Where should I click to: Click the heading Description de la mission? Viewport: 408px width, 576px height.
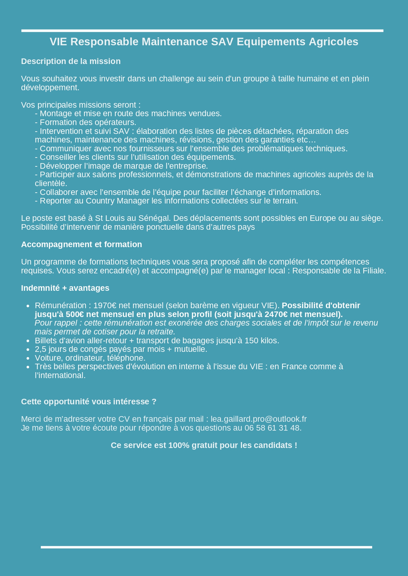pyautogui.click(x=71, y=61)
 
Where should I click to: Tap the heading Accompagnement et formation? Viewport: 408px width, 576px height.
pyautogui.click(x=82, y=245)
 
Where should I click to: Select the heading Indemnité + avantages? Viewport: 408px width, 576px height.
pyautogui.click(x=65, y=288)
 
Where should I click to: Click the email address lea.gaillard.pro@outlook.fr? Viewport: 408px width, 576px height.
pyautogui.click(x=258, y=419)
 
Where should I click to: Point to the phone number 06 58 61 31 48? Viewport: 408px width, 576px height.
pyautogui.click(x=272, y=428)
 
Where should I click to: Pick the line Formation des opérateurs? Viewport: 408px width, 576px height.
pyautogui.click(x=85, y=122)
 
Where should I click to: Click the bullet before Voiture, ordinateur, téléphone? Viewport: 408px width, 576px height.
pyautogui.click(x=28, y=358)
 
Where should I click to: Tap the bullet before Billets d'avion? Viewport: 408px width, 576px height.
pyautogui.click(x=28, y=341)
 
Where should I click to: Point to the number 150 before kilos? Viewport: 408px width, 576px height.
pyautogui.click(x=251, y=341)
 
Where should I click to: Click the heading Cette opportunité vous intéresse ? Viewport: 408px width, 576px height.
pyautogui.click(x=89, y=402)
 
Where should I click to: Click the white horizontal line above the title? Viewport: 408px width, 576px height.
pyautogui.click(x=202, y=31)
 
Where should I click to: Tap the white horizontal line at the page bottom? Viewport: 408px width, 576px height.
pyautogui.click(x=206, y=547)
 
